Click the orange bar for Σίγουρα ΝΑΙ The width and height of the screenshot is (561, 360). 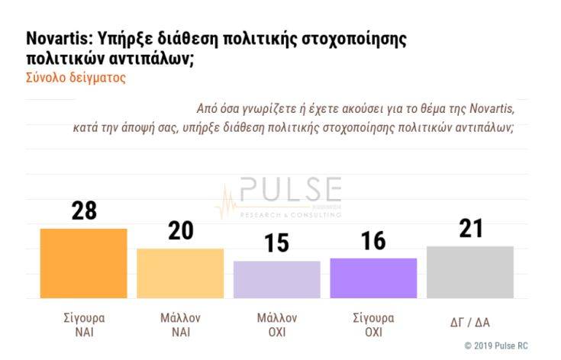[x=83, y=263]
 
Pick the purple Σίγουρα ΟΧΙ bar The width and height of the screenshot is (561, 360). [x=373, y=278]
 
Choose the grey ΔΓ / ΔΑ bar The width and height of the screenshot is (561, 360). [x=470, y=272]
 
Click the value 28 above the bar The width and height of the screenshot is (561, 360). [x=84, y=211]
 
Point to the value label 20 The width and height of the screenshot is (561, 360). [x=181, y=231]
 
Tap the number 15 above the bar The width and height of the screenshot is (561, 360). [x=277, y=244]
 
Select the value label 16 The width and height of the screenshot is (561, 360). [x=374, y=242]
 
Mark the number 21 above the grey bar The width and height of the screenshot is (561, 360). [x=471, y=228]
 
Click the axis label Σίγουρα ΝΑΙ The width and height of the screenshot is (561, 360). [x=84, y=325]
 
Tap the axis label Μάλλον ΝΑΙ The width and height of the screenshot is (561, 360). [x=180, y=325]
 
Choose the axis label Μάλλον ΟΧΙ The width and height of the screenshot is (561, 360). [x=277, y=325]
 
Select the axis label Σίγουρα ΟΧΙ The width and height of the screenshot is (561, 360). [x=373, y=325]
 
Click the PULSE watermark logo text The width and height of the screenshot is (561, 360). [x=291, y=190]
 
